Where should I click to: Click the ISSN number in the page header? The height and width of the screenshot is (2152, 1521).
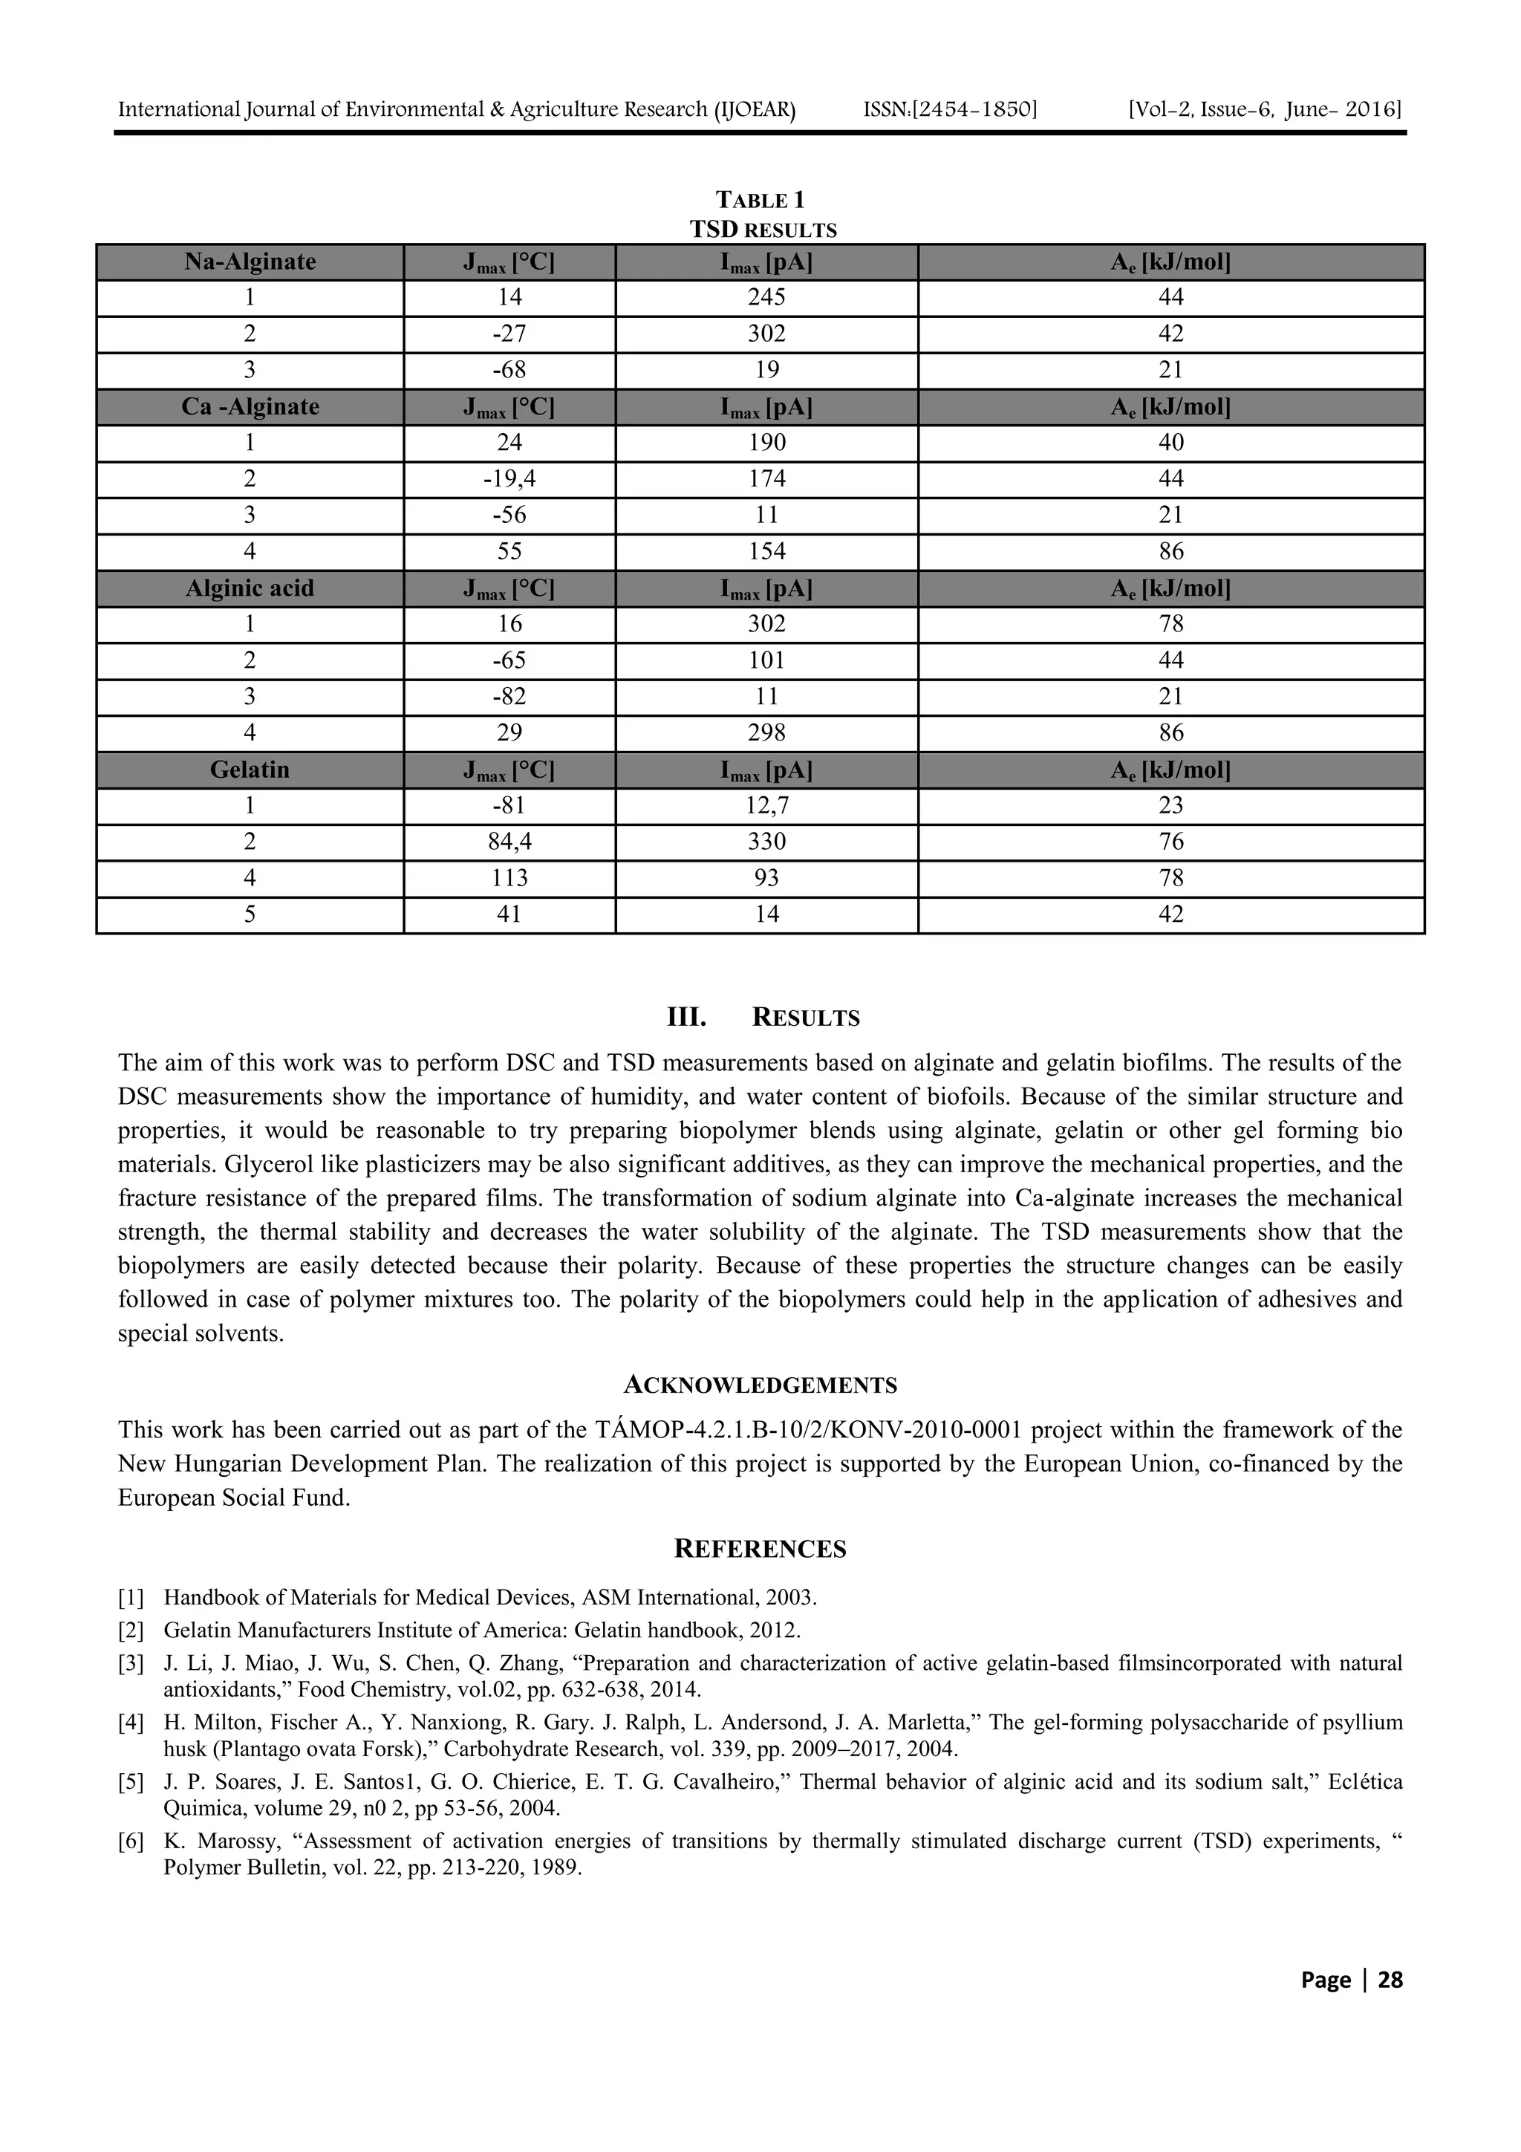click(x=949, y=110)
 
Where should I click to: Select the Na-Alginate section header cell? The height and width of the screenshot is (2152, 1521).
click(x=250, y=261)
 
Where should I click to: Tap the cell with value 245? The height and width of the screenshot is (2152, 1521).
click(x=766, y=297)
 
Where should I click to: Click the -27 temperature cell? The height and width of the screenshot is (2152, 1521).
click(x=509, y=334)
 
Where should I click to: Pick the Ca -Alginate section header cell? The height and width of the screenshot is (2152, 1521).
click(x=250, y=407)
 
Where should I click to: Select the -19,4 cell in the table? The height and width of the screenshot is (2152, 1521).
click(x=509, y=479)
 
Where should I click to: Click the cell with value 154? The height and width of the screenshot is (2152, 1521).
click(x=766, y=551)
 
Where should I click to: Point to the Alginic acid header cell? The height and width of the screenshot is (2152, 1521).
click(x=250, y=588)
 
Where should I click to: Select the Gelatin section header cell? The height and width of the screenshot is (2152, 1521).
click(x=250, y=770)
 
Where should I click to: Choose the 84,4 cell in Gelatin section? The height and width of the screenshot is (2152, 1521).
click(x=509, y=842)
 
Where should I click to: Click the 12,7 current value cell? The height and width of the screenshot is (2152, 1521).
click(x=766, y=805)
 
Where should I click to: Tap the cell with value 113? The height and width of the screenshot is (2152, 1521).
click(x=509, y=877)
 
